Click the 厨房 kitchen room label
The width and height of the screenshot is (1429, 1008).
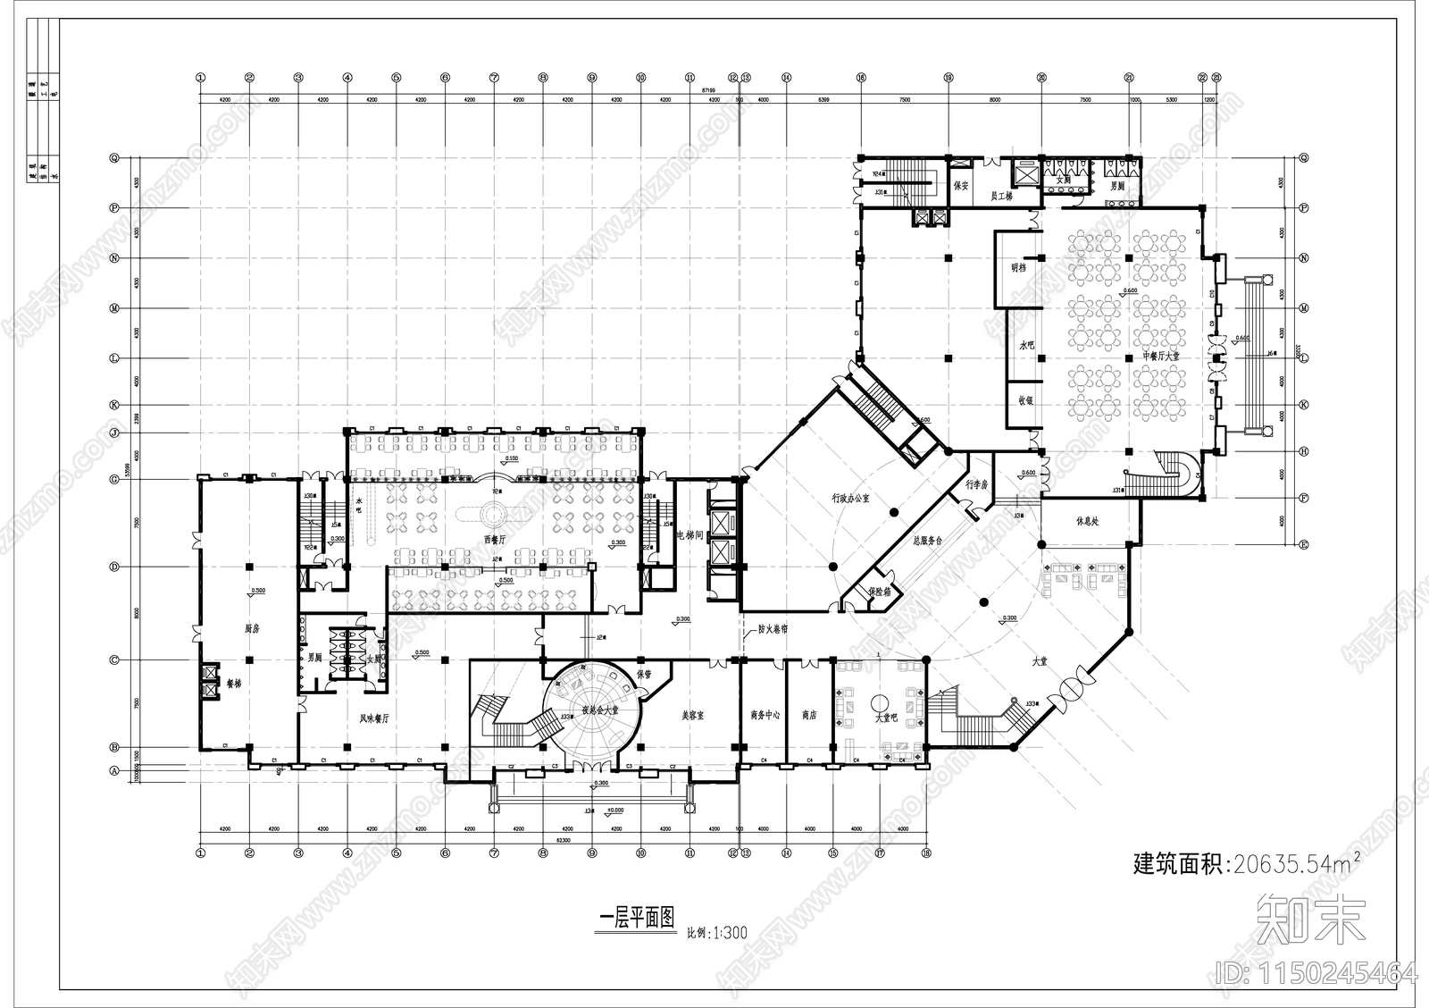point(252,628)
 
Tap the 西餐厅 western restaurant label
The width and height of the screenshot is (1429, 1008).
point(494,540)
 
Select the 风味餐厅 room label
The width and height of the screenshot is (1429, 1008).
point(372,718)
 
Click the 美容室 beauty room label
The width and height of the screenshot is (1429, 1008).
point(694,716)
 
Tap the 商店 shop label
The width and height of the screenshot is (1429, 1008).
point(809,716)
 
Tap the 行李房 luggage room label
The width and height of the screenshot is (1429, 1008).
point(975,484)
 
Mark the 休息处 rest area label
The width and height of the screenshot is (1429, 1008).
point(1087,521)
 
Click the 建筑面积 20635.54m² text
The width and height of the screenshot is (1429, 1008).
point(1247,863)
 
